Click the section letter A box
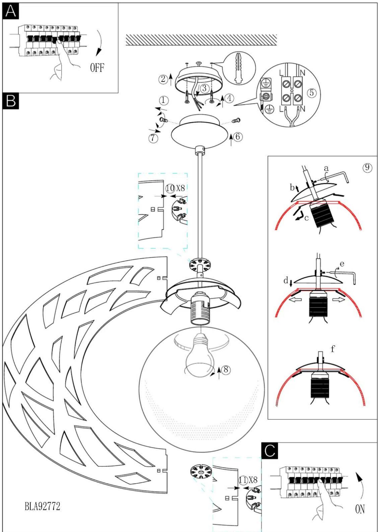[11, 11]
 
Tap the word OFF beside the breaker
[97, 68]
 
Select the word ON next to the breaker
[360, 509]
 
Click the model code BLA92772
[42, 506]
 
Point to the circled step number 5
[312, 93]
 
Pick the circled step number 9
[367, 167]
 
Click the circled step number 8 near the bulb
[226, 369]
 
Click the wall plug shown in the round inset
[239, 68]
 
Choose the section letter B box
[11, 101]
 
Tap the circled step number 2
[163, 79]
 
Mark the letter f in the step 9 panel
[333, 349]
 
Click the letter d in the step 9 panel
[286, 280]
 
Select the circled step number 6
[237, 137]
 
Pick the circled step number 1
[163, 100]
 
